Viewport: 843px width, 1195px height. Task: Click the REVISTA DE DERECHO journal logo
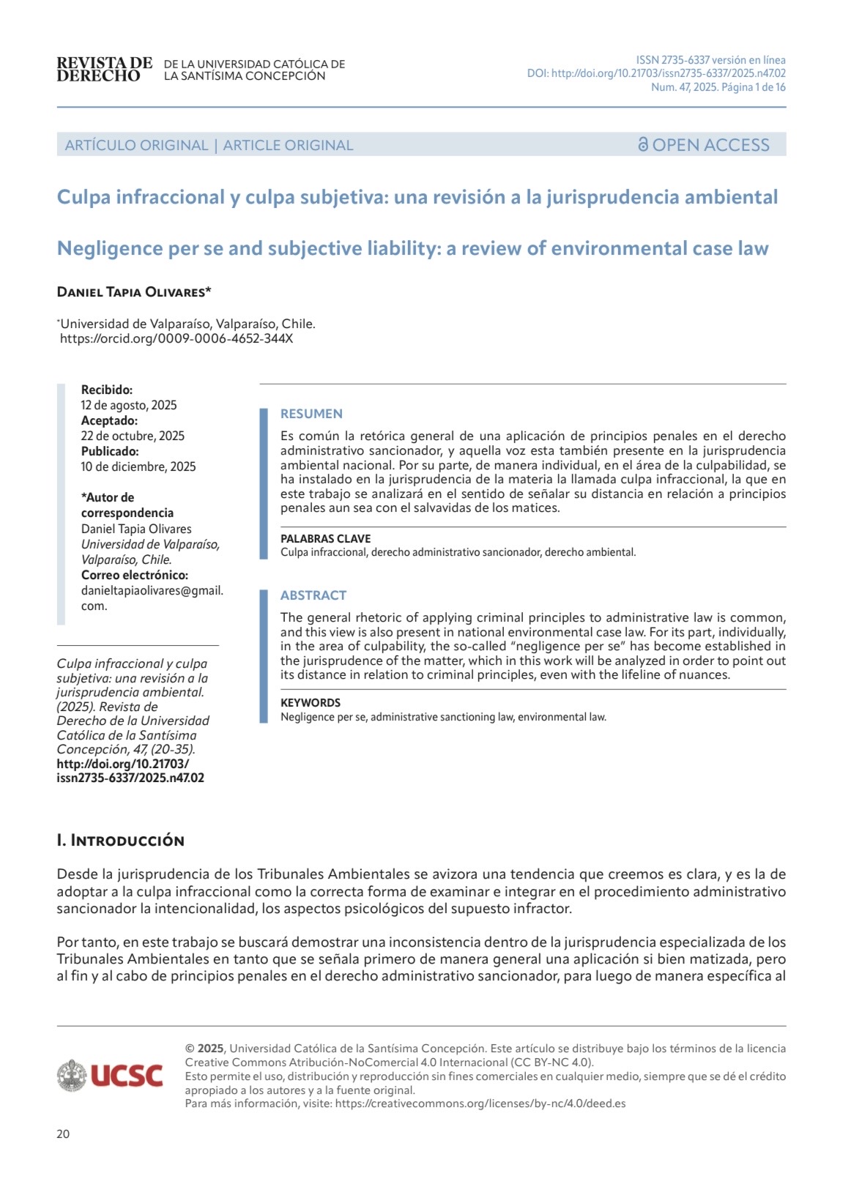[x=104, y=70]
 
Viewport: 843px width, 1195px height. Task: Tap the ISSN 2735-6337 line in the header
[x=710, y=60]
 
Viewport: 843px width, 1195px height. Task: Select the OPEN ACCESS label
[x=710, y=145]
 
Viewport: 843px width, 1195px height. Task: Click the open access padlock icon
[x=643, y=145]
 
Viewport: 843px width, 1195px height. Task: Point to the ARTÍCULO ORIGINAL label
[x=136, y=146]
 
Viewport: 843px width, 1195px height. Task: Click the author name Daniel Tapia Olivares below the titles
[x=134, y=292]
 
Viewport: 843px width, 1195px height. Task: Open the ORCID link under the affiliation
[x=177, y=338]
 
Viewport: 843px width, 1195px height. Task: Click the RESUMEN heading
[x=311, y=414]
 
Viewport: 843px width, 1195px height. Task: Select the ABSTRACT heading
[x=313, y=595]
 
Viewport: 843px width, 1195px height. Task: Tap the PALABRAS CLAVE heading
[x=325, y=539]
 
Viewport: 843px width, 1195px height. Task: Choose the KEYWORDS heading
[x=311, y=703]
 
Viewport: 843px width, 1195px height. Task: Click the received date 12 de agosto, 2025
[x=129, y=406]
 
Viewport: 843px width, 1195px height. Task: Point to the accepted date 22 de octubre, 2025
[x=133, y=436]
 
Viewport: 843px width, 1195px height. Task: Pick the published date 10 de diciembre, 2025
[x=138, y=467]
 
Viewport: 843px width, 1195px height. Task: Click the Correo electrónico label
[x=135, y=576]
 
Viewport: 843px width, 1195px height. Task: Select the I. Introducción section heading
[x=121, y=841]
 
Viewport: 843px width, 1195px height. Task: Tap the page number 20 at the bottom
[x=63, y=1134]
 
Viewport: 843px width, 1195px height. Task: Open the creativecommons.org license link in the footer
[x=480, y=1103]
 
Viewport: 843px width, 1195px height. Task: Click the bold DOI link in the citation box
[x=130, y=771]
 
